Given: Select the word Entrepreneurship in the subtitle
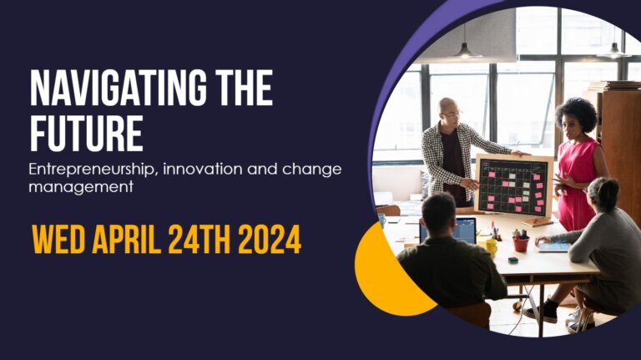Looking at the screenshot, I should pyautogui.click(x=93, y=170).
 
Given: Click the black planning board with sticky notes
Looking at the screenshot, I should pyautogui.click(x=512, y=185).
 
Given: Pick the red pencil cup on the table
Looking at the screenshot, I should pyautogui.click(x=521, y=243).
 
